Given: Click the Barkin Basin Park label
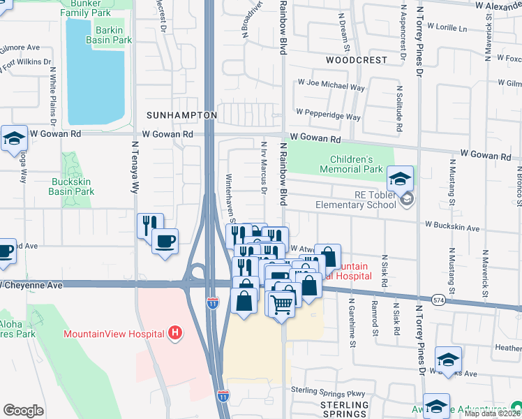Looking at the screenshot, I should [x=109, y=35].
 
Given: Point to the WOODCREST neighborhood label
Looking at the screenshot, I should [x=356, y=60].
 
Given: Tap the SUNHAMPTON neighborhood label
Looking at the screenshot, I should [x=181, y=114].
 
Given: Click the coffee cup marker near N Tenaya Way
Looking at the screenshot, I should [x=165, y=242].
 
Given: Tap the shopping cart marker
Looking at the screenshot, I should [x=281, y=304].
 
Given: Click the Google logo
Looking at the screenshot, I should [x=23, y=411].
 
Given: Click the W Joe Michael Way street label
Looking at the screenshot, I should [x=331, y=87].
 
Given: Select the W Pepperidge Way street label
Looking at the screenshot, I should [x=328, y=112].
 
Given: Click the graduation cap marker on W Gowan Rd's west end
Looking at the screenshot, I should [x=13, y=139].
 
